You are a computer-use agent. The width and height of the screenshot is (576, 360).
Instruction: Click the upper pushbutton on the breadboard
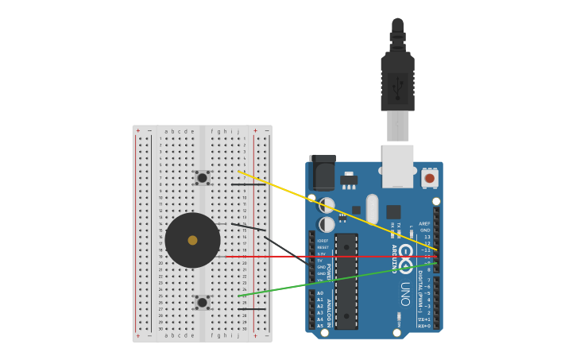point(202,178)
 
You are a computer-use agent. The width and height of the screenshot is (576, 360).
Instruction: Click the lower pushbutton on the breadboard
point(202,302)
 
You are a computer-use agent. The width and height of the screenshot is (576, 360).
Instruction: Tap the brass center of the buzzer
point(192,240)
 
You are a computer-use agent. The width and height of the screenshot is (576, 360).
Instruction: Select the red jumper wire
point(334,257)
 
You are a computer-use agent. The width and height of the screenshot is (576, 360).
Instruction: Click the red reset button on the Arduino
point(430,178)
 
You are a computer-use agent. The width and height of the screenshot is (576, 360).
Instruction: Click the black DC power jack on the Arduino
point(322,172)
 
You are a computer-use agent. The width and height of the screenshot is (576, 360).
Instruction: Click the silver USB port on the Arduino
point(397,166)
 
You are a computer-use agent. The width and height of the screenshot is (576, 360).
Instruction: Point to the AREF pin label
point(425,224)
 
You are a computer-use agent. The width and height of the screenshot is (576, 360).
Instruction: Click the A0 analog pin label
point(320,293)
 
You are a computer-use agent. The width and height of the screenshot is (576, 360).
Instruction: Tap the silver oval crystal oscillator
point(372,209)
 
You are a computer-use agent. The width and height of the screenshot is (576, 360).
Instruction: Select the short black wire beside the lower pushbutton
point(252,309)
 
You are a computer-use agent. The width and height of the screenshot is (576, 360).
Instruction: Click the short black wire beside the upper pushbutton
point(248,185)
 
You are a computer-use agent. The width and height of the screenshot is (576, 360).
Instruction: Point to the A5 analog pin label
point(320,326)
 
